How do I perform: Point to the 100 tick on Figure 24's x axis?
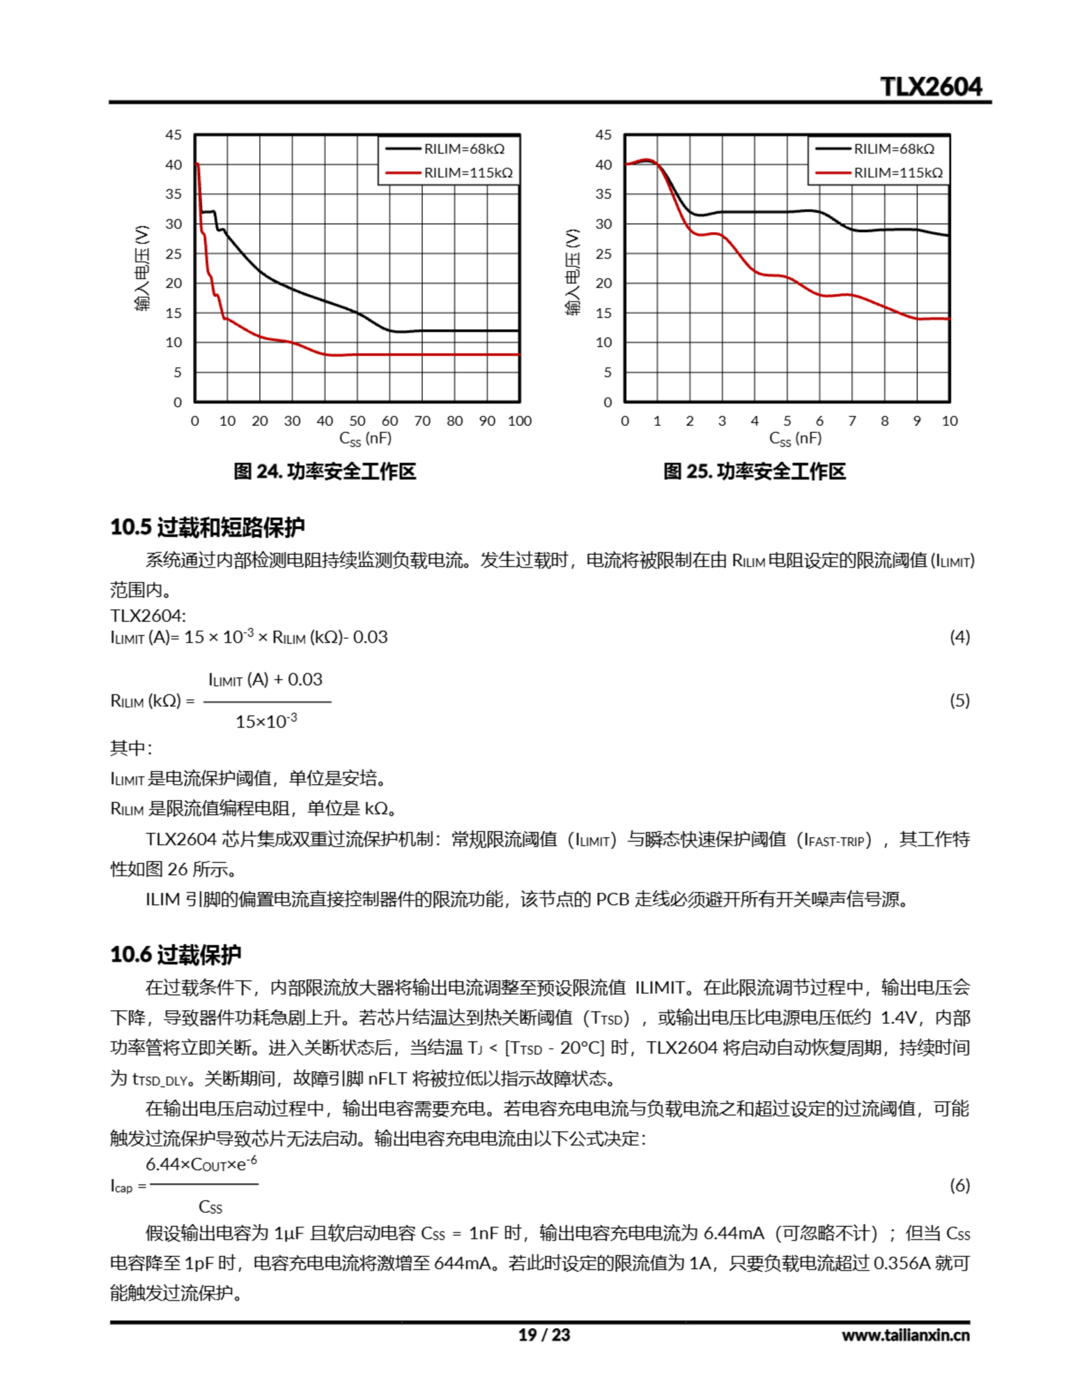[519, 421]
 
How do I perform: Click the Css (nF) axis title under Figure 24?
[365, 439]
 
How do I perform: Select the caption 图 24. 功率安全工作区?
[324, 472]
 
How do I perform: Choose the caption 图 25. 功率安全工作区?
[754, 472]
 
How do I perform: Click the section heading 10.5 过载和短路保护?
[207, 527]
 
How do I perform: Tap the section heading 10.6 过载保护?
[175, 955]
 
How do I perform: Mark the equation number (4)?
[959, 637]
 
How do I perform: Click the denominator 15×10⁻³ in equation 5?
[266, 722]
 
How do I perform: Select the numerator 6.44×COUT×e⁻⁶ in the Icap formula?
[201, 1164]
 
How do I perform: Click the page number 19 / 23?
[543, 1335]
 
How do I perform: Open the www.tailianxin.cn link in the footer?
[905, 1335]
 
